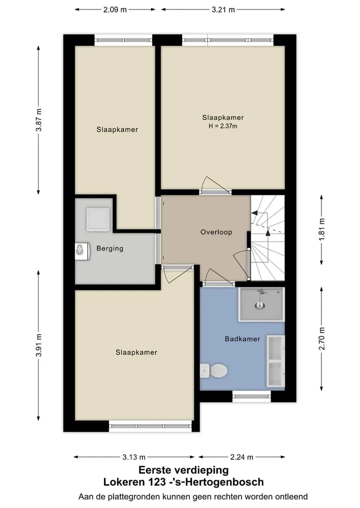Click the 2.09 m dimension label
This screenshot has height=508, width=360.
[x=115, y=9]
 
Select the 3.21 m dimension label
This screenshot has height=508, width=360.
[x=223, y=9]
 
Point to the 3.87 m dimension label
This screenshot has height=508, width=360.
[x=38, y=120]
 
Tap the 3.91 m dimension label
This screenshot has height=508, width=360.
[x=38, y=345]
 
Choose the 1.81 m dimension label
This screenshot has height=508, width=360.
[x=321, y=230]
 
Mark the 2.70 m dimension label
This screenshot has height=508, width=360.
[x=321, y=339]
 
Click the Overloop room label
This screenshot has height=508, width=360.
[x=216, y=232]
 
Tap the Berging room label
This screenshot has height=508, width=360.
[x=110, y=248]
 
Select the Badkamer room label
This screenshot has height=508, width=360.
[x=242, y=339]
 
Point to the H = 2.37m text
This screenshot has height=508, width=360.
[x=223, y=126]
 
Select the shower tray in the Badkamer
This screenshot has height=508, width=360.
[x=261, y=304]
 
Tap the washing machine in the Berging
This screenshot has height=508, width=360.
[x=98, y=219]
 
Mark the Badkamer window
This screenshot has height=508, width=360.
[x=251, y=396]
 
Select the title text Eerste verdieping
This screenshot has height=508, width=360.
[x=183, y=470]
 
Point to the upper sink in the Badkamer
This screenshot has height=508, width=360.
[x=275, y=348]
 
